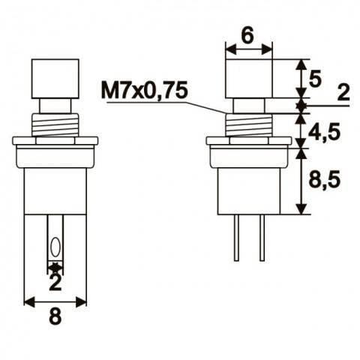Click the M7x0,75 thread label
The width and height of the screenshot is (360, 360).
tap(143, 91)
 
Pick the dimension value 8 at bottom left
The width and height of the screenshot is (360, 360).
tap(55, 316)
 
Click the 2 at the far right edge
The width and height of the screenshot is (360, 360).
tap(343, 93)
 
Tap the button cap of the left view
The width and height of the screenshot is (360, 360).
tap(55, 78)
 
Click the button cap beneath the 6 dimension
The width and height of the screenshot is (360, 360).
tap(248, 78)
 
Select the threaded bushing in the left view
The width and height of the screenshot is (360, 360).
tap(55, 124)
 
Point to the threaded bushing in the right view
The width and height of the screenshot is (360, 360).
tap(248, 124)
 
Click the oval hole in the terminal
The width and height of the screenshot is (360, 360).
tap(55, 247)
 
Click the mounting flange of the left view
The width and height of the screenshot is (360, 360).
tap(55, 141)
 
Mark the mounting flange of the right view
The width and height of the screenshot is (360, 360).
tap(248, 141)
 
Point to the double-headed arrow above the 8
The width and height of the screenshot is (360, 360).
tap(55, 301)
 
